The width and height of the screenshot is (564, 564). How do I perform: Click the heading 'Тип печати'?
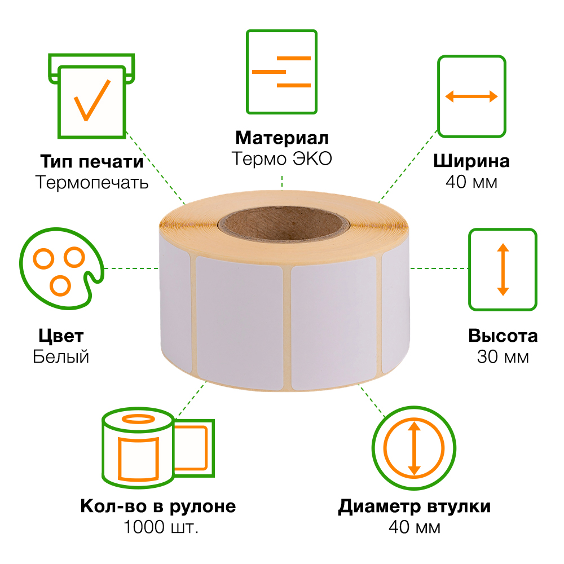click(91, 161)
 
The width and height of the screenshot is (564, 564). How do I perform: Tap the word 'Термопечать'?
click(91, 182)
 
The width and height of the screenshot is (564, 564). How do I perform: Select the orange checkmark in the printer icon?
click(91, 100)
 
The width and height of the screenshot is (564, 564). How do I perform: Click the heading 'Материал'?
click(281, 138)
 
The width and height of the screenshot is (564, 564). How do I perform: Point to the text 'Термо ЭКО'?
click(281, 158)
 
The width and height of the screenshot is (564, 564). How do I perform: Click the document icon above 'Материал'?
click(281, 71)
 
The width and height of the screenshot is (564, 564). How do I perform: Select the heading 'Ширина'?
click(471, 161)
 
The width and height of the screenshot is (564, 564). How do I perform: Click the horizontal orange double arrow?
click(472, 96)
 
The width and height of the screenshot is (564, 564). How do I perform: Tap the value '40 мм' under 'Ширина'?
click(471, 182)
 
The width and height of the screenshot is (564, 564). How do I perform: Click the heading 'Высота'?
click(503, 336)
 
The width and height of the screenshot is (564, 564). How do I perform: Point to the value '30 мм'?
click(503, 357)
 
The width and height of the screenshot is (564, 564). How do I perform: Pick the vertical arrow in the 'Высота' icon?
click(503, 269)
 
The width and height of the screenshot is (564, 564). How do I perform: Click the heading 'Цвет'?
click(61, 336)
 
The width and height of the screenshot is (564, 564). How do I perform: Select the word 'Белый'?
click(61, 357)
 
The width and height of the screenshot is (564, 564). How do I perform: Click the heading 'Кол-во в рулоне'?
click(158, 506)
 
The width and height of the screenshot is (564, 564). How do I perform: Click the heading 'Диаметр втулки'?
click(414, 506)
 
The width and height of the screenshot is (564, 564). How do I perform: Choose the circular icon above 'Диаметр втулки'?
click(414, 447)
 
